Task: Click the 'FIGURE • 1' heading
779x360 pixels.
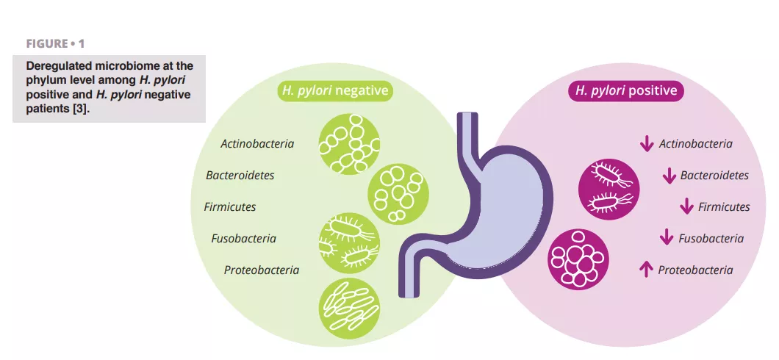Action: [x=55, y=44]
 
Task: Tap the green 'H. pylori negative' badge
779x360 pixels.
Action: [x=334, y=91]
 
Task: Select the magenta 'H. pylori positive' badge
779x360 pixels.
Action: [x=626, y=91]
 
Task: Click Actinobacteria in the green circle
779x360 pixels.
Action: [x=257, y=144]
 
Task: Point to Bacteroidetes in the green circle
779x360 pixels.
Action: [x=240, y=176]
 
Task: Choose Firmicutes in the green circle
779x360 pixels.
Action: [x=230, y=207]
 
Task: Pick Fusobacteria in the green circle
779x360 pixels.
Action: [x=244, y=239]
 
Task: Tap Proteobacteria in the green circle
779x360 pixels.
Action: [x=262, y=270]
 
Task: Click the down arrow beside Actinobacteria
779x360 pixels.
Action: [x=647, y=144]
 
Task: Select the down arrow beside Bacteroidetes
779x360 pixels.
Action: [x=669, y=176]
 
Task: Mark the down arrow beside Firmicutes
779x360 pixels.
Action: [x=686, y=207]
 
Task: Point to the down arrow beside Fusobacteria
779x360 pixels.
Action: [x=667, y=238]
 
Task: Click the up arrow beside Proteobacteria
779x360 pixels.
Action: [x=646, y=270]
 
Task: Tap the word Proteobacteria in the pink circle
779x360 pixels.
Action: [x=695, y=270]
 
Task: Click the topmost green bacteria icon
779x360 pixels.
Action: [x=348, y=143]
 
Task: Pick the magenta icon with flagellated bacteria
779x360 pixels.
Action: [x=609, y=189]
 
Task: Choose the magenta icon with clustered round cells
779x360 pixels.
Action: [x=578, y=259]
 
